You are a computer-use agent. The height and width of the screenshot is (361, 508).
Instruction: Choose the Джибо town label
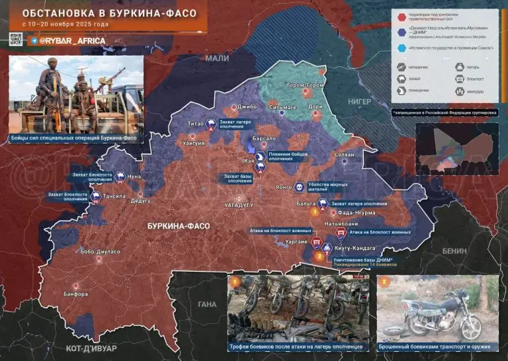click(247, 106)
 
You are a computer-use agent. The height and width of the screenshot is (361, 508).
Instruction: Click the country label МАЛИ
click(216, 58)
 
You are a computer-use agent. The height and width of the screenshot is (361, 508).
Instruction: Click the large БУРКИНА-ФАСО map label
click(179, 226)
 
